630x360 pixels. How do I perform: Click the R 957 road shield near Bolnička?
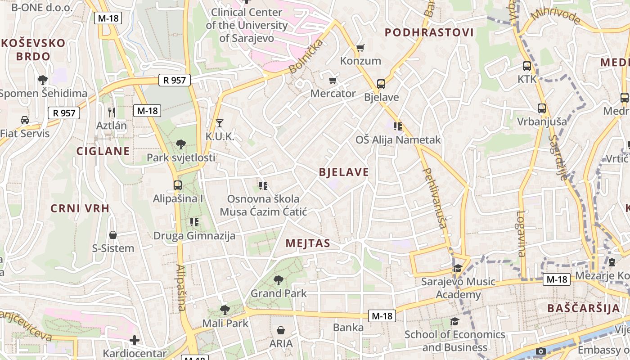[175, 81]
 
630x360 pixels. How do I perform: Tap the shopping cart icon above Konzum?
[360, 48]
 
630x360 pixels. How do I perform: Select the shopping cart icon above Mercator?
[333, 81]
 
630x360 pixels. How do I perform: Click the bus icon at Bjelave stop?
[381, 84]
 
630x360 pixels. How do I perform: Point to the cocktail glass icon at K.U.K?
[219, 123]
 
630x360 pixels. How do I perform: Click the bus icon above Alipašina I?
[178, 185]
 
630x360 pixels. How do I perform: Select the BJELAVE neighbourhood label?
[344, 172]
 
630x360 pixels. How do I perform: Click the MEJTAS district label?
[308, 243]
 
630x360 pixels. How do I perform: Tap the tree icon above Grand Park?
[279, 280]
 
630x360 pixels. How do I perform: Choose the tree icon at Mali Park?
[225, 310]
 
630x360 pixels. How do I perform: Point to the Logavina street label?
[521, 234]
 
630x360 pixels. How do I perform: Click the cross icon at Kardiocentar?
[134, 341]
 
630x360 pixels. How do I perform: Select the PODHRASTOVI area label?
[429, 32]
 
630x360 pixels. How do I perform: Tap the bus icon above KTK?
[526, 66]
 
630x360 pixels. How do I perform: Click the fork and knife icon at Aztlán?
[112, 112]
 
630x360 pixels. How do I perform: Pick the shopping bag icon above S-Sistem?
[113, 235]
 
